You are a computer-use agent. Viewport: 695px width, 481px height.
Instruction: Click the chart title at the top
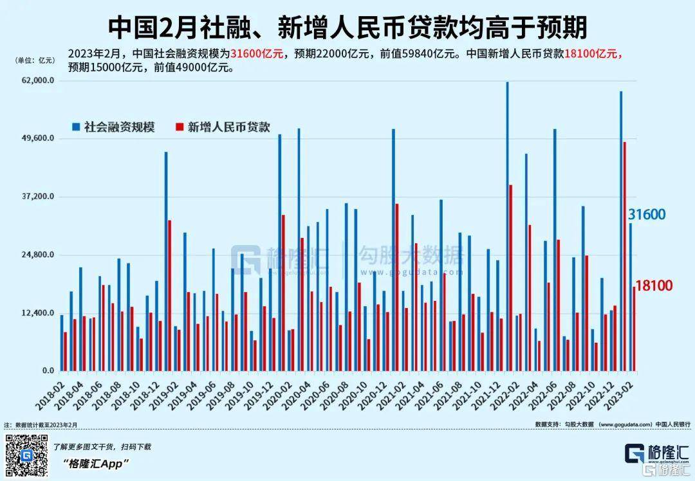click(347, 27)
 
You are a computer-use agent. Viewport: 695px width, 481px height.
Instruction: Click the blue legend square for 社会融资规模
click(76, 127)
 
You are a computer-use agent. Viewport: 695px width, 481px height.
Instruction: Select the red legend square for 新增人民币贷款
click(180, 127)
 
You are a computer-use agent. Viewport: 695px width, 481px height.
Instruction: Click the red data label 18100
click(654, 286)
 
